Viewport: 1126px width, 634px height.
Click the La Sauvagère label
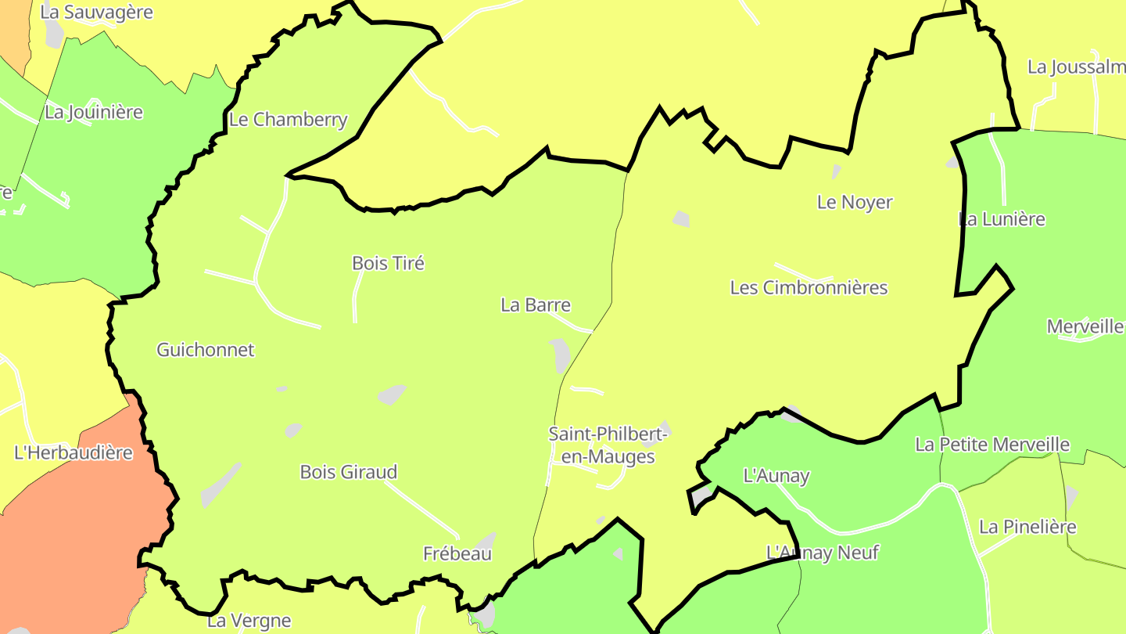pyautogui.click(x=96, y=13)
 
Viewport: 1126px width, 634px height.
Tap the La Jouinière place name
pyautogui.click(x=94, y=112)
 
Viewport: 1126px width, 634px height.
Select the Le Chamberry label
pyautogui.click(x=288, y=120)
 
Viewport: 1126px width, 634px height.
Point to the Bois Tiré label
pyautogui.click(x=388, y=263)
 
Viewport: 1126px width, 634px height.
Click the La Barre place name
pyautogui.click(x=536, y=305)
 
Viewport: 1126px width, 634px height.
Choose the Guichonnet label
pyautogui.click(x=206, y=350)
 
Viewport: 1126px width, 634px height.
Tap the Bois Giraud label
pyautogui.click(x=349, y=472)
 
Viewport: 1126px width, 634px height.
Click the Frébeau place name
pyautogui.click(x=457, y=553)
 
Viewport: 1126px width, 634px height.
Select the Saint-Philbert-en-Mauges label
pyautogui.click(x=608, y=445)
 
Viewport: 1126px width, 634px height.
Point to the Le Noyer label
pyautogui.click(x=855, y=202)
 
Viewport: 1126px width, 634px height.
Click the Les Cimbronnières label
pyautogui.click(x=809, y=287)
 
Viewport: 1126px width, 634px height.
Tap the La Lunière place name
pyautogui.click(x=1002, y=219)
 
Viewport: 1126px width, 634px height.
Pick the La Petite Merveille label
pyautogui.click(x=992, y=445)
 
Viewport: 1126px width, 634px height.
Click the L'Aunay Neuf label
pyautogui.click(x=823, y=553)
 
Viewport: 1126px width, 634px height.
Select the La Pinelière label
pyautogui.click(x=1027, y=527)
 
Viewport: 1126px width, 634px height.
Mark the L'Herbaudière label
pyautogui.click(x=74, y=452)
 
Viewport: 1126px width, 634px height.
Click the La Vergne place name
pyautogui.click(x=249, y=621)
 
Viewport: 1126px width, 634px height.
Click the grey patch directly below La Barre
pyautogui.click(x=560, y=355)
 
